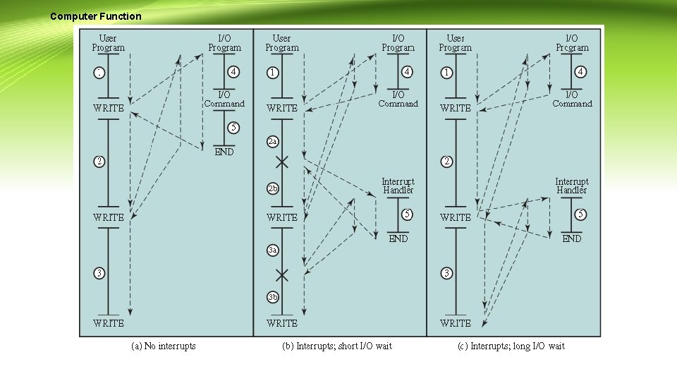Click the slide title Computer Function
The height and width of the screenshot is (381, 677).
[96, 16]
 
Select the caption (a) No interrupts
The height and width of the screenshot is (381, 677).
[164, 345]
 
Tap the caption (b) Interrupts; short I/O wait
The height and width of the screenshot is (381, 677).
[337, 345]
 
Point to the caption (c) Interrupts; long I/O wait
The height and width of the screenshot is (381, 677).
[518, 345]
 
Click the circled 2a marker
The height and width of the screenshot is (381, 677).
[273, 142]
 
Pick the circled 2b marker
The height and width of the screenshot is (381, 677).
[273, 189]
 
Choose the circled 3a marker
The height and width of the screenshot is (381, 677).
[273, 250]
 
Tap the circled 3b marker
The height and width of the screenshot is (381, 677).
[273, 297]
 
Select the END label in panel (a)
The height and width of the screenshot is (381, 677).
[224, 152]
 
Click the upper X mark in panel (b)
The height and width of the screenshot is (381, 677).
[282, 162]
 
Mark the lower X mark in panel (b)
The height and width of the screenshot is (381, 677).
[282, 274]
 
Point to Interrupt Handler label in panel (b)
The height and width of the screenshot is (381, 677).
[398, 186]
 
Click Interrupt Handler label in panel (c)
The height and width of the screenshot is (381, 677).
[571, 186]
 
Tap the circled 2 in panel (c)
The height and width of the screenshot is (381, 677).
[447, 162]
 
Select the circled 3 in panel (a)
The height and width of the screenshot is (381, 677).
[100, 273]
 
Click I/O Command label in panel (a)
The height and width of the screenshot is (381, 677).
[224, 99]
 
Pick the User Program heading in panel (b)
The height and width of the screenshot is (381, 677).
[281, 43]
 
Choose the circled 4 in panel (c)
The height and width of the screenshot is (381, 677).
[580, 72]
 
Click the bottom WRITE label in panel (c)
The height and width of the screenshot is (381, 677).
[455, 323]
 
